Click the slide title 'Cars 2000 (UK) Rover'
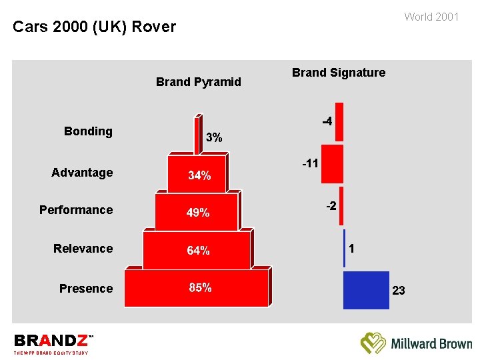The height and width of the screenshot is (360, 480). pos(94,27)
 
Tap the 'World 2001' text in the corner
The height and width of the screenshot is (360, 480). pos(431,17)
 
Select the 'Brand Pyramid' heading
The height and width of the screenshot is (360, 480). pos(198,82)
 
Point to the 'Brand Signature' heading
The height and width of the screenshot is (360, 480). pos(338,73)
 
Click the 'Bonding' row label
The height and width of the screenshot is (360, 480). pos(88,131)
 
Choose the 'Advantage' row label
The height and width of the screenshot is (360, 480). pos(82,173)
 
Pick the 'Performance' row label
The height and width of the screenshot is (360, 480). pos(76,210)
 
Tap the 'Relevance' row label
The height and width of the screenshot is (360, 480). pos(83,249)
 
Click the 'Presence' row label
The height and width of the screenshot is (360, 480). pos(86,289)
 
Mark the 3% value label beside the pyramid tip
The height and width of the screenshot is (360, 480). pos(214,138)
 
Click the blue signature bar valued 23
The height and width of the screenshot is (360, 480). pos(365,290)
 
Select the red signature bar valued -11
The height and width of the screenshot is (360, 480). pos(331,163)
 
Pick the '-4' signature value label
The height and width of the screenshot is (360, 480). pos(327,122)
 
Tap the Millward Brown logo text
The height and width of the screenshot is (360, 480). pos(431,344)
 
